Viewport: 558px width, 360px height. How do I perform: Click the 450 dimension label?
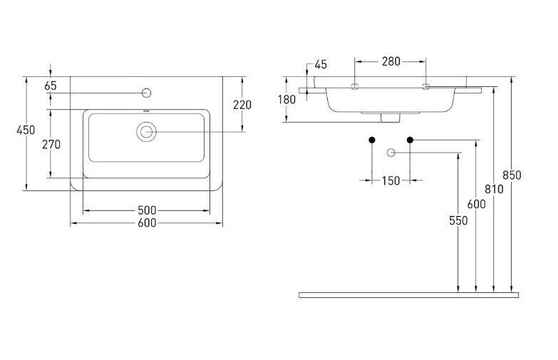click(26, 130)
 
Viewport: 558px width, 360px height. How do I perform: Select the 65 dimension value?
click(51, 86)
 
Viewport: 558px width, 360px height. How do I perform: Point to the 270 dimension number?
click(51, 144)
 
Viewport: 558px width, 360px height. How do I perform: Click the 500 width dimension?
click(147, 210)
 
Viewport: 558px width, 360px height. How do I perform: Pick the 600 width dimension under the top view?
click(147, 223)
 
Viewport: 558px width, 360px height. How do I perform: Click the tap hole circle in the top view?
click(147, 93)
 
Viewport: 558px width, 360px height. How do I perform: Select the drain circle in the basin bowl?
click(147, 131)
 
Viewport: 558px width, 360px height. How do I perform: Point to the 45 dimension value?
click(320, 65)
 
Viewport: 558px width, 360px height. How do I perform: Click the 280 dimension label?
click(391, 61)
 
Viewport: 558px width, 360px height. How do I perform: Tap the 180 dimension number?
click(286, 100)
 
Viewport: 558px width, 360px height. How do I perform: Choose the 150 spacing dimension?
click(391, 180)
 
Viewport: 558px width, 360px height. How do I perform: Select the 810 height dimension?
click(495, 189)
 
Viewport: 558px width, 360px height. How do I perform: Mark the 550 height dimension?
click(458, 221)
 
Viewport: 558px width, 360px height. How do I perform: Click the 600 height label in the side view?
click(476, 204)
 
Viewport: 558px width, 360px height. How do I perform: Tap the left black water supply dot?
click(371, 139)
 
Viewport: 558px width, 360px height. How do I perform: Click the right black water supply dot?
click(410, 139)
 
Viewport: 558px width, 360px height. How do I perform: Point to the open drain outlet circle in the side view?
click(391, 153)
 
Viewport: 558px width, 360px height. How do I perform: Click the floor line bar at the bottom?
click(408, 294)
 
